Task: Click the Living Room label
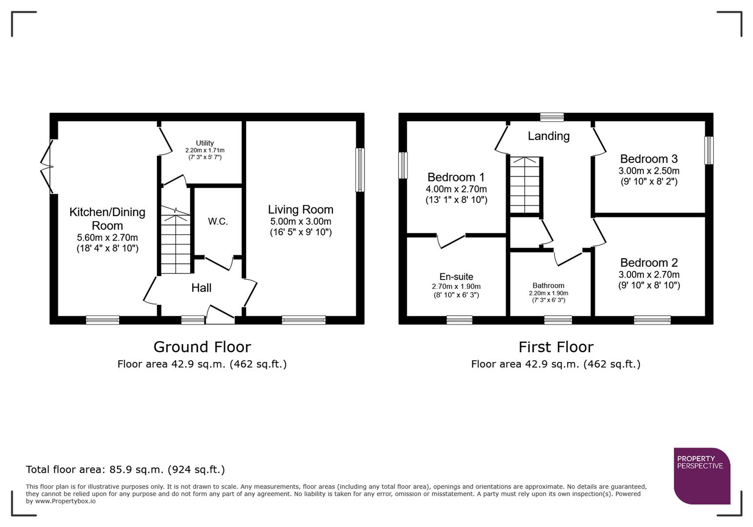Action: [x=300, y=210]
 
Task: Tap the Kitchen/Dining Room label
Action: [x=107, y=219]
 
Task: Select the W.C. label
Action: [x=218, y=222]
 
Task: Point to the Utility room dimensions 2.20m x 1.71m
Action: [x=205, y=151]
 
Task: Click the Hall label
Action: [x=201, y=288]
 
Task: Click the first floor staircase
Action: [x=525, y=185]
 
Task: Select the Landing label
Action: [x=548, y=136]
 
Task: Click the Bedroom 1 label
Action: [x=456, y=177]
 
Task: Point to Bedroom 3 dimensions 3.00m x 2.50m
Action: [x=649, y=171]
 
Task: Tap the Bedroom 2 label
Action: [x=649, y=263]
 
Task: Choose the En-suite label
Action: [x=456, y=277]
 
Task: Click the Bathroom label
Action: [x=548, y=285]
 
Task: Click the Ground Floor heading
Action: [x=202, y=347]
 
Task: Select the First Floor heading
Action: [x=555, y=347]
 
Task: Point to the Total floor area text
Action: [x=125, y=469]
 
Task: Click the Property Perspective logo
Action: [x=701, y=476]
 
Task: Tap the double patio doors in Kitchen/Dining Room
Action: [x=47, y=167]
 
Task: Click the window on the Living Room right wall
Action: [x=360, y=170]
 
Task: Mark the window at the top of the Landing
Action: [x=552, y=117]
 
